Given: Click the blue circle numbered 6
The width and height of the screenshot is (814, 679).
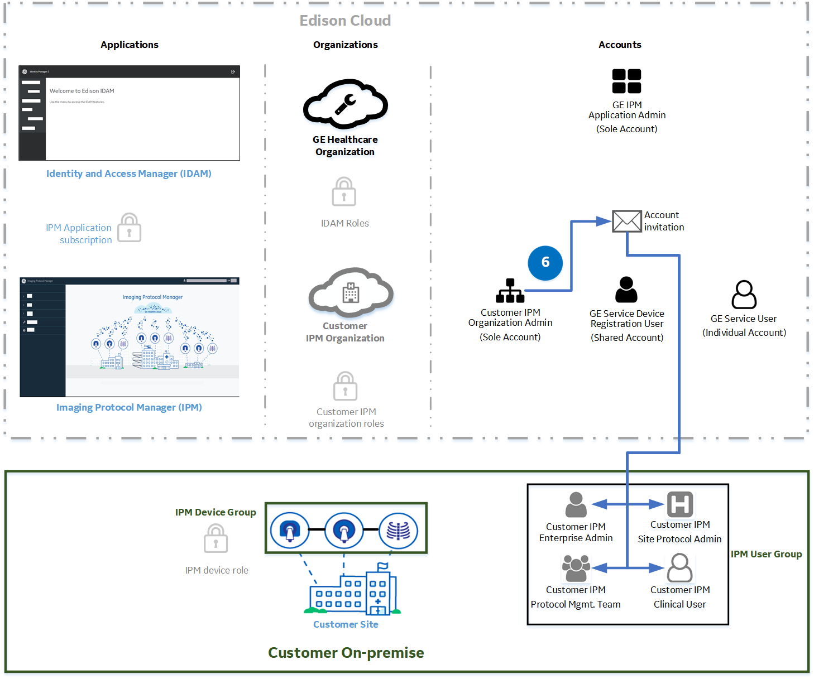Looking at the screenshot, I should coord(545,263).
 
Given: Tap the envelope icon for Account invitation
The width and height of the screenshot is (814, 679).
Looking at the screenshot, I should coord(626,221).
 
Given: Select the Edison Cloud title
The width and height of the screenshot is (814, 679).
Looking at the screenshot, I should coord(345,21).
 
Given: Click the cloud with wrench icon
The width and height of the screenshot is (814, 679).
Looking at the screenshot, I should coord(345,104).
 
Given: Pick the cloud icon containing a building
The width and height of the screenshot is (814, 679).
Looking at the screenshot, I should coord(351,292).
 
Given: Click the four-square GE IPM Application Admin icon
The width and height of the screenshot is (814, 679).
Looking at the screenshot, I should coord(626,81).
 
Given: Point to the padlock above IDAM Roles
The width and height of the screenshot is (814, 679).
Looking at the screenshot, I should coord(344,192).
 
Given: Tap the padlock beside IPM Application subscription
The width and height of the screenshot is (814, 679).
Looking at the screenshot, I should coord(130,228).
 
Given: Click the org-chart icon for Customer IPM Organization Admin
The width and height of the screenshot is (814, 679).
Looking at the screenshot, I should coord(510,291).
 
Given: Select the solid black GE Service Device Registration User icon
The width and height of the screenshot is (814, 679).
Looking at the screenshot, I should coord(626,290).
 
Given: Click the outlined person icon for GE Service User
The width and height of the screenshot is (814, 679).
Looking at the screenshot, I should coord(744,295).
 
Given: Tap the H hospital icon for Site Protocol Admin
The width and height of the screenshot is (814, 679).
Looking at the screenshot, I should coord(680,504).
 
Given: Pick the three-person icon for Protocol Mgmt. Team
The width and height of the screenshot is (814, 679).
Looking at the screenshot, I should coord(576,568).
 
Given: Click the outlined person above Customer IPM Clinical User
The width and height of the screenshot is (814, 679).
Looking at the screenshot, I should coord(679,568).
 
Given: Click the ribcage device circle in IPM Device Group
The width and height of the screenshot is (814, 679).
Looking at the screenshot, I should coord(398,531).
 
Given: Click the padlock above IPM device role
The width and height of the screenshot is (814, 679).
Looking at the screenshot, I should coord(216,539).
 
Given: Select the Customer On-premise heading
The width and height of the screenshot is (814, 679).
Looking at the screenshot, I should coord(346,653).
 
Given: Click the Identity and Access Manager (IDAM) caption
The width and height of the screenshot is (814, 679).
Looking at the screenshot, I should coord(128,174).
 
